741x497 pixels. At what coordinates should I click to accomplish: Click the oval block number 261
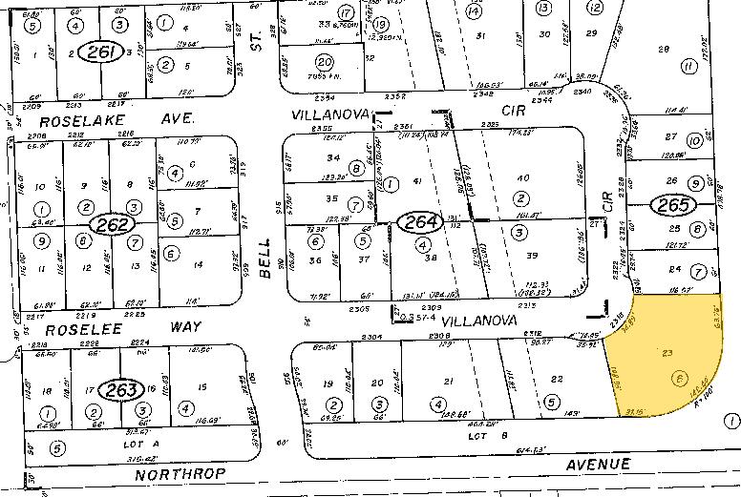98,51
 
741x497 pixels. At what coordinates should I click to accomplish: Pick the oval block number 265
668,204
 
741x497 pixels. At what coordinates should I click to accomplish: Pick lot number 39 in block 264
532,255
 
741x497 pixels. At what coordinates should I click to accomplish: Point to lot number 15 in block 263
201,387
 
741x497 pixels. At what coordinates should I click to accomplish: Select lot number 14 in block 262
198,263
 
